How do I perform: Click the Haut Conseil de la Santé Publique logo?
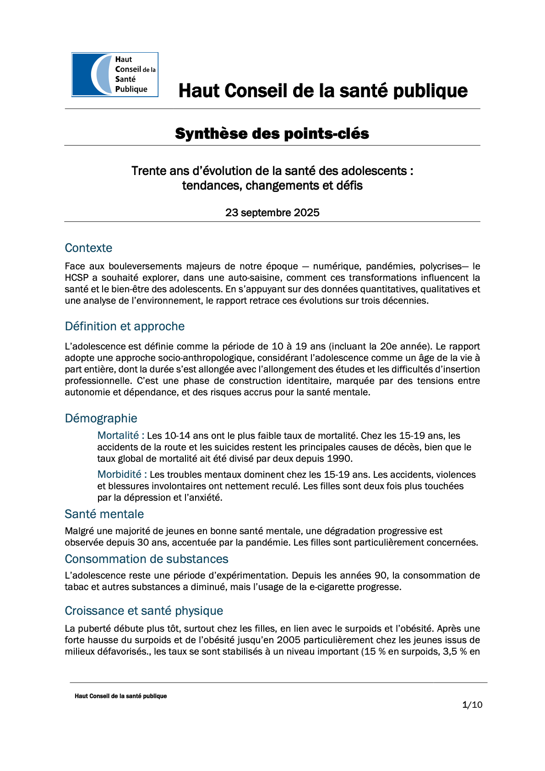(x=115, y=75)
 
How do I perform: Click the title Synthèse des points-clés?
(x=272, y=134)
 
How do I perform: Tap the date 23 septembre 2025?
(x=272, y=213)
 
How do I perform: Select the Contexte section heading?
(x=88, y=248)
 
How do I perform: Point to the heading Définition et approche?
(x=125, y=326)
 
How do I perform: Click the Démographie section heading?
(x=101, y=418)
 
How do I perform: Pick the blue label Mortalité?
(x=118, y=435)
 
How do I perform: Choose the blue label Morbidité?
(x=120, y=474)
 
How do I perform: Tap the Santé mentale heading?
(x=104, y=514)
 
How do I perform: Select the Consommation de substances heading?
(x=146, y=559)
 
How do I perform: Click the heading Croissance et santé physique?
(x=144, y=611)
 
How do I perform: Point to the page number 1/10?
(x=472, y=705)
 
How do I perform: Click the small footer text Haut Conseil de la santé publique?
(x=120, y=696)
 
